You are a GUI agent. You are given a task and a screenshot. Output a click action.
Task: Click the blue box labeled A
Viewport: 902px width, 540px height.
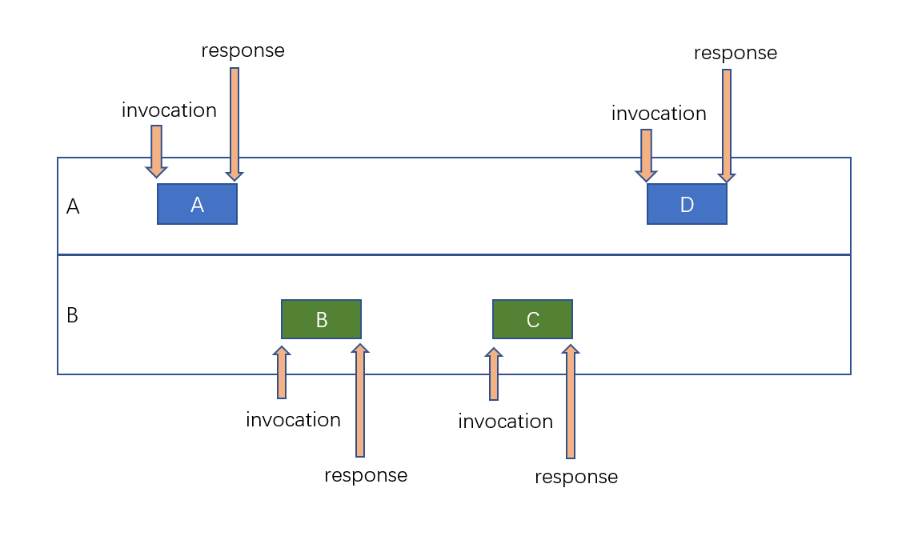coord(197,204)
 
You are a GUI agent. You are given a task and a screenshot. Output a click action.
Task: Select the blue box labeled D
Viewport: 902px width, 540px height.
coord(687,204)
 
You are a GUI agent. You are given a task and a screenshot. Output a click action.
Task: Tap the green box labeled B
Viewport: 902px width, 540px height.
coord(321,319)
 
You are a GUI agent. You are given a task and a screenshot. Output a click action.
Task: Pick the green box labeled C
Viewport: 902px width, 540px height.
coord(532,319)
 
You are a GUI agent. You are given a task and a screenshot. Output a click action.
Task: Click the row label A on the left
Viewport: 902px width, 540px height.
coord(73,207)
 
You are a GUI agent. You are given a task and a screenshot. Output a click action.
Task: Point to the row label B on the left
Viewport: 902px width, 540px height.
coord(72,315)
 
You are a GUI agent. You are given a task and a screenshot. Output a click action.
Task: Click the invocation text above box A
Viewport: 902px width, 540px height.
coord(169,110)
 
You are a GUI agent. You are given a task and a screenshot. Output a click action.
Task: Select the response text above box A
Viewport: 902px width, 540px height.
coord(243,50)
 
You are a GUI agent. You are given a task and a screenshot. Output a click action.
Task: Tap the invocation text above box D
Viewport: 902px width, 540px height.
coord(659,114)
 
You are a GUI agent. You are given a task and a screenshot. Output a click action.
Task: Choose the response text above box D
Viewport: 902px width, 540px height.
coord(735,53)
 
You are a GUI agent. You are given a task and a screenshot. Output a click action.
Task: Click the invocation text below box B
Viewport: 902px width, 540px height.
coord(293,420)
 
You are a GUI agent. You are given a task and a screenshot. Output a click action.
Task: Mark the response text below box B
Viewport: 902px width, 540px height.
coord(366,475)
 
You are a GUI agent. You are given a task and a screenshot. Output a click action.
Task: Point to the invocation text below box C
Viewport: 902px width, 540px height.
coord(505,422)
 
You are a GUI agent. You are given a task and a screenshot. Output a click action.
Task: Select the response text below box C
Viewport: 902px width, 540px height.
coord(576,478)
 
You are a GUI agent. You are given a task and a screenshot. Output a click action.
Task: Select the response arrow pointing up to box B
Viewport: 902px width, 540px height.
coord(360,400)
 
